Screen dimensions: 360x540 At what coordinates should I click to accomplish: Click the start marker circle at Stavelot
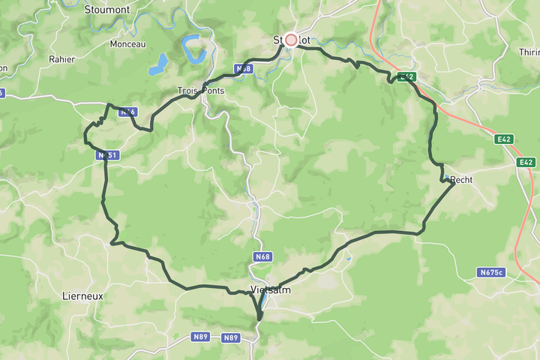click(x=291, y=40)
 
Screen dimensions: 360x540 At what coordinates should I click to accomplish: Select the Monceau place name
click(x=127, y=44)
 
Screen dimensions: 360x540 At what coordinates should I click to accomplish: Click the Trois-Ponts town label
click(x=199, y=91)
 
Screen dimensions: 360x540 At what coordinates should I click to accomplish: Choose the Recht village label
click(x=461, y=179)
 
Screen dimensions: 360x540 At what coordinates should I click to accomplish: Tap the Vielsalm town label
click(x=270, y=289)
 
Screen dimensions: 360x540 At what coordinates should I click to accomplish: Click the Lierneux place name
click(x=82, y=296)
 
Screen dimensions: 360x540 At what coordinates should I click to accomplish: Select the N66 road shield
click(x=128, y=112)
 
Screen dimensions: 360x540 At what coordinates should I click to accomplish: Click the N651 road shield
click(x=108, y=155)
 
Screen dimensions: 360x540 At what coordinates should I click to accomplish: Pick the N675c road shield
click(x=491, y=273)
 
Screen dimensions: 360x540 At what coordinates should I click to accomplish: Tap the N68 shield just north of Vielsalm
click(x=262, y=256)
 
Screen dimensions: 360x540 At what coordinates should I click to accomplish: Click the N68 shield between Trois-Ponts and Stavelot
click(x=244, y=69)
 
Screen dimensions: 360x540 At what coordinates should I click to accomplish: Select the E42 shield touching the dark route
click(x=406, y=76)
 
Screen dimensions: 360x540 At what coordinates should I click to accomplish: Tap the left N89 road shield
click(x=200, y=337)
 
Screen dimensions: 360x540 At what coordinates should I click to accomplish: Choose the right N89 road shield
click(x=231, y=338)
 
